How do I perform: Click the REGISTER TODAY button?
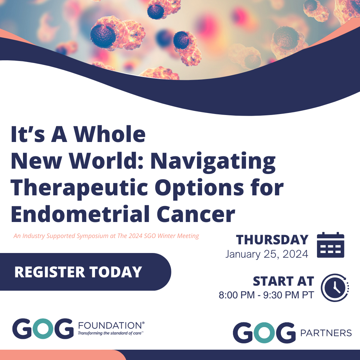coord(85,272)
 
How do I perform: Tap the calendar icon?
coord(331,245)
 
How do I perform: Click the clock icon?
coord(335,287)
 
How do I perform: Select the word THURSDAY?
coord(272,240)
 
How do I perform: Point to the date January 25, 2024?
coord(267,254)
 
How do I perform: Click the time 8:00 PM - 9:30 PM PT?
coord(266,295)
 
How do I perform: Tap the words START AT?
coord(284,281)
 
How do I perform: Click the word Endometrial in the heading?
coord(80,214)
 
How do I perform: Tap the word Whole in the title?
coord(110,134)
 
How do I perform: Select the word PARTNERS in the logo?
coord(326,333)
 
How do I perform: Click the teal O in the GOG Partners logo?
coord(265,333)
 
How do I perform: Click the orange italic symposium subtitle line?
coord(106,236)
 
